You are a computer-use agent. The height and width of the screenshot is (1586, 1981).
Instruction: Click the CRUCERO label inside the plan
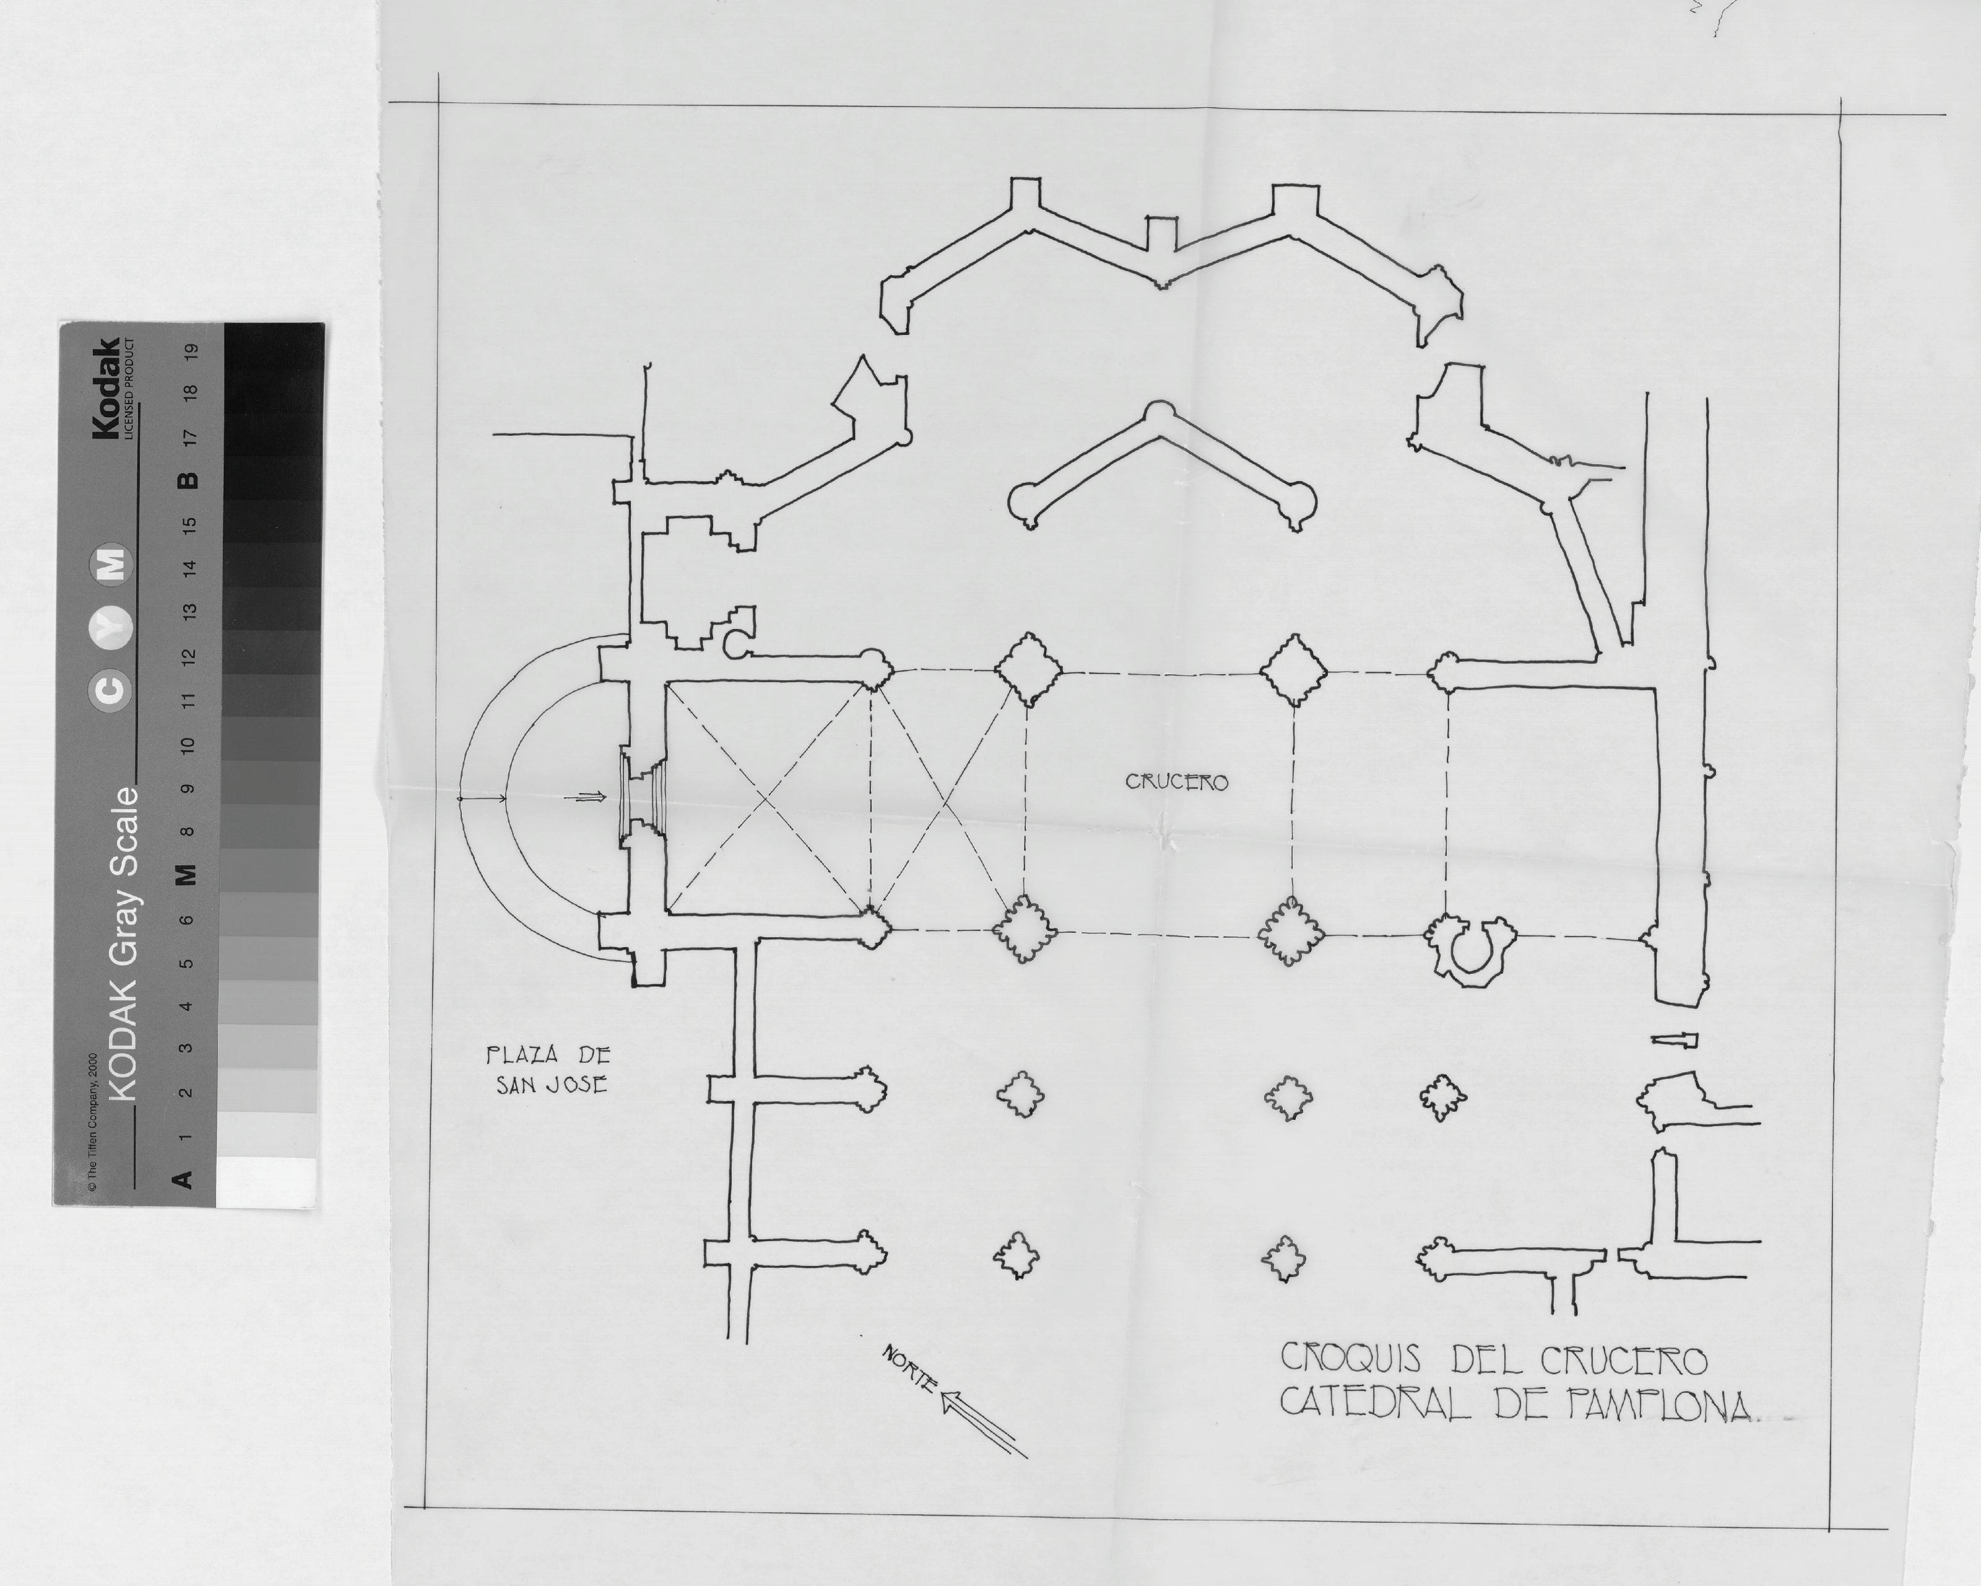(x=1177, y=782)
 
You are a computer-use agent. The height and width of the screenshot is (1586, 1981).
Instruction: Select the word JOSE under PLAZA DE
(x=578, y=1085)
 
